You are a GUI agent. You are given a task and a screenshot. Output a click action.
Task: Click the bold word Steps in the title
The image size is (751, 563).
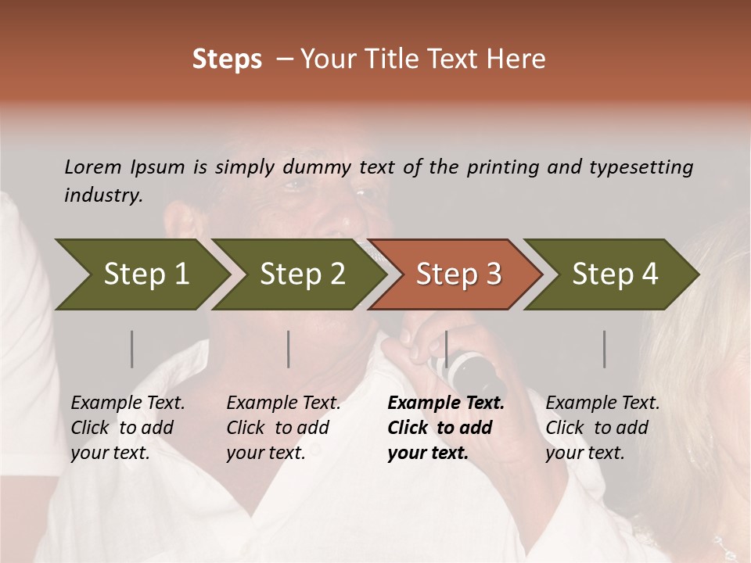click(227, 59)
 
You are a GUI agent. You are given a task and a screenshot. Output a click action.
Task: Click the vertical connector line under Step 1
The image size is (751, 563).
click(131, 349)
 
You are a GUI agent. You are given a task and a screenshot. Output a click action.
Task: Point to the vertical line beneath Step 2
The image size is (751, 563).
click(289, 349)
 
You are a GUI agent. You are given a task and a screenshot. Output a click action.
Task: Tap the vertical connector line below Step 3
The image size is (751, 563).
click(446, 349)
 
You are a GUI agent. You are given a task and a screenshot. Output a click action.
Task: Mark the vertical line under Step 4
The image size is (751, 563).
click(604, 349)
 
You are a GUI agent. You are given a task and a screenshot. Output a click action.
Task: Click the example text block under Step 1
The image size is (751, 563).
click(128, 428)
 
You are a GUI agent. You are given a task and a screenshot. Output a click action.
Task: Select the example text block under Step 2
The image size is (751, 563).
click(283, 428)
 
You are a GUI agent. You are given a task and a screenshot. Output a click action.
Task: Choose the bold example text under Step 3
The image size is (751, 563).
click(445, 428)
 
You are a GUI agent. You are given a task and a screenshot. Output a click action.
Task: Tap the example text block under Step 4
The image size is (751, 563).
click(602, 428)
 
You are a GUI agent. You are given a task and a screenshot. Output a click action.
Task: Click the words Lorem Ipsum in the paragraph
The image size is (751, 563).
click(124, 167)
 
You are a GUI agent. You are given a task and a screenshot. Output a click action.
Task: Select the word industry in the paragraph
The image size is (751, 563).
click(102, 195)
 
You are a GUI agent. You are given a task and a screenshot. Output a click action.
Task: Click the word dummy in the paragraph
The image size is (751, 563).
click(317, 167)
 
